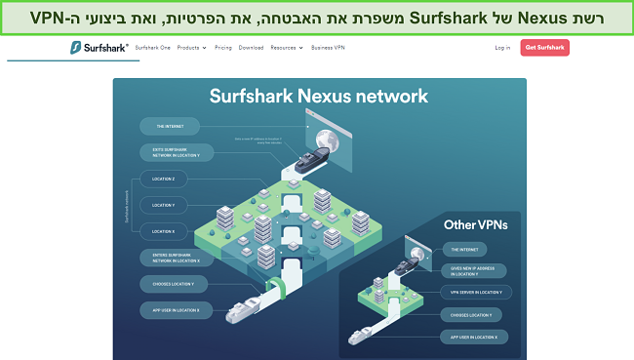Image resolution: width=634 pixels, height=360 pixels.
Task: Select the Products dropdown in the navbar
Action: coord(192,47)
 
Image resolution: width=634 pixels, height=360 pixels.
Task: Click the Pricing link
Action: coord(224,47)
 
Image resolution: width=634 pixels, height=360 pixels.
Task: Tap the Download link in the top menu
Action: coord(251,47)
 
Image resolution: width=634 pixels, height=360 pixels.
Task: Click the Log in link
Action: coord(502,47)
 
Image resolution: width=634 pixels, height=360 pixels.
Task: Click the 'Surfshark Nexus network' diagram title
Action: coord(319,96)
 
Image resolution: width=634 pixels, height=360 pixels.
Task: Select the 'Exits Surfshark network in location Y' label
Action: coord(170,151)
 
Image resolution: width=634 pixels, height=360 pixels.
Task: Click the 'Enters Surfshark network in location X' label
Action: coord(170,259)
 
